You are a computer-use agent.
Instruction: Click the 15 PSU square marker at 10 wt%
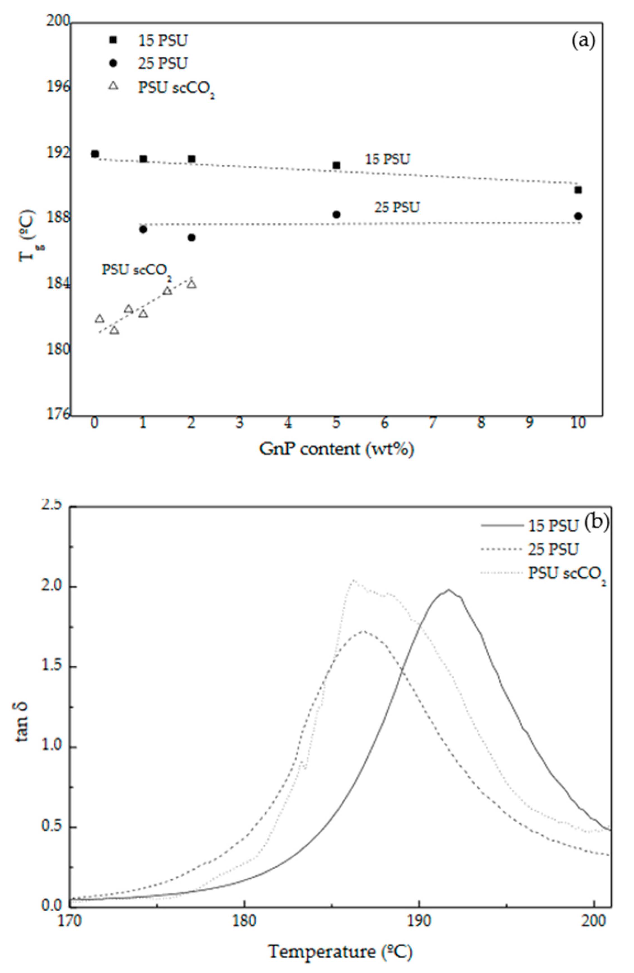point(577,190)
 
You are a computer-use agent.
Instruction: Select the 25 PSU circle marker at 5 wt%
point(336,215)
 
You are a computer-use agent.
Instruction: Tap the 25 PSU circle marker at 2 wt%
point(191,238)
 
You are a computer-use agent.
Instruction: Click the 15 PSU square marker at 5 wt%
point(336,165)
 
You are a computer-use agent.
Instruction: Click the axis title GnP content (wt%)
point(336,449)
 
